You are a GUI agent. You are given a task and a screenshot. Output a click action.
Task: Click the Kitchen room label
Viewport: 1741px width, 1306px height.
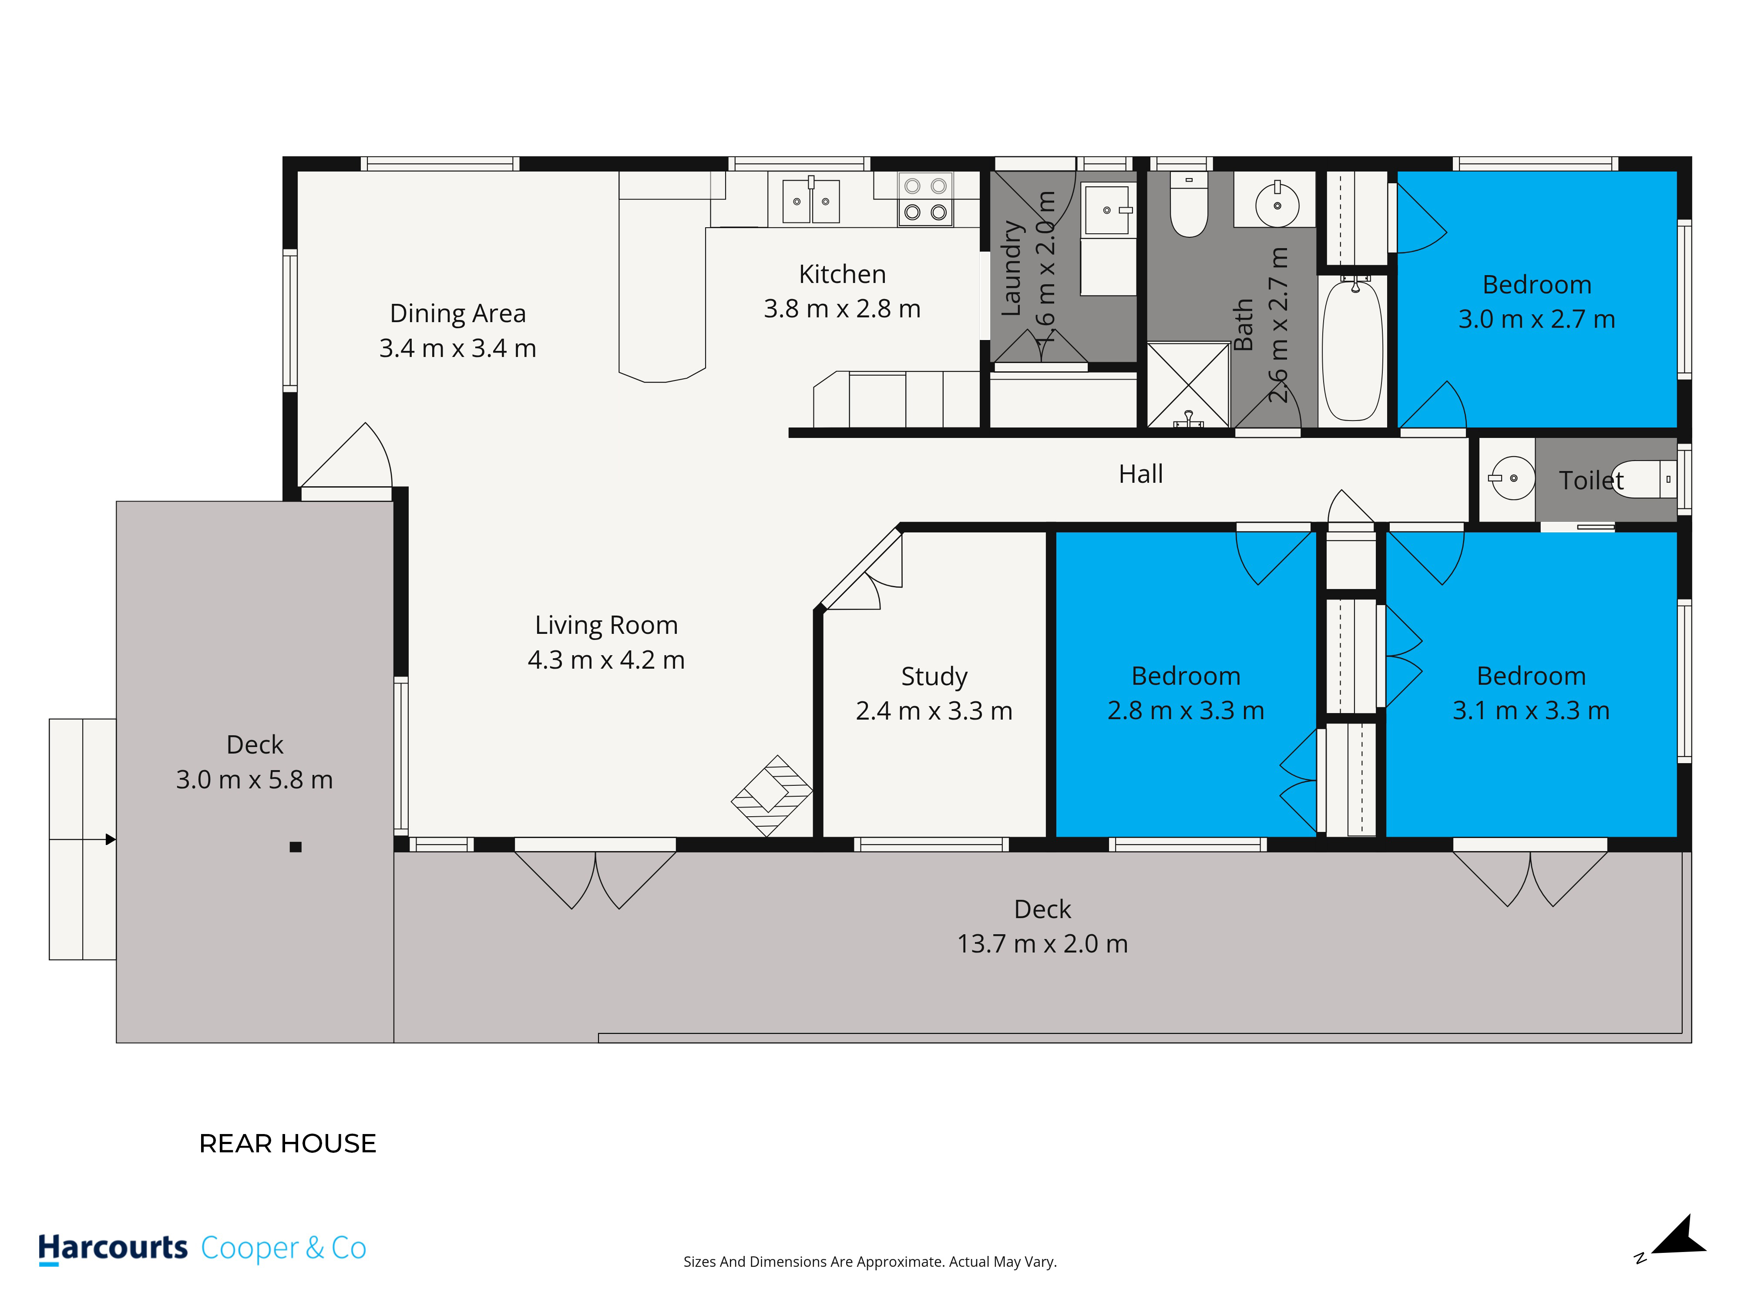coord(842,274)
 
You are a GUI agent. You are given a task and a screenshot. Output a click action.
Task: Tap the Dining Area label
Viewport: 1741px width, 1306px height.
coord(458,313)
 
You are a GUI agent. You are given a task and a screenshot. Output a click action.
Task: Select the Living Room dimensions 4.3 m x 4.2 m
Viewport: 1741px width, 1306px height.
coord(606,660)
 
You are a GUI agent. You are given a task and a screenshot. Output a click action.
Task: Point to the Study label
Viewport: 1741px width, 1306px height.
coord(934,676)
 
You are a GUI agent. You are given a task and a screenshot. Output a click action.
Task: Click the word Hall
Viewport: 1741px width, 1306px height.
coord(1140,474)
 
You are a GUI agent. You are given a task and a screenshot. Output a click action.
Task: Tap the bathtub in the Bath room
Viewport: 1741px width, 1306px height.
coord(1353,351)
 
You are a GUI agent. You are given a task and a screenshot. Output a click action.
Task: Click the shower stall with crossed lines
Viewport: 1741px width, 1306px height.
coord(1189,385)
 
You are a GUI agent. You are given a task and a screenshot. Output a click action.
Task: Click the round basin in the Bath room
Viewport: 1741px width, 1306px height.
coord(1277,205)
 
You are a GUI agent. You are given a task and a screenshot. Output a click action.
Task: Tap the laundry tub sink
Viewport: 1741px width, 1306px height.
coord(1107,210)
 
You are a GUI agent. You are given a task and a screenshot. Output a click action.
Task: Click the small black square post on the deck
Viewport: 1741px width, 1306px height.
coord(296,847)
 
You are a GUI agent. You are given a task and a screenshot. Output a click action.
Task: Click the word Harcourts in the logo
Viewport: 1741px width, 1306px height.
coord(113,1248)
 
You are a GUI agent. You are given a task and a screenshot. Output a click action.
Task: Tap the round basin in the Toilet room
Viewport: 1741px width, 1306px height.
coord(1513,478)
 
